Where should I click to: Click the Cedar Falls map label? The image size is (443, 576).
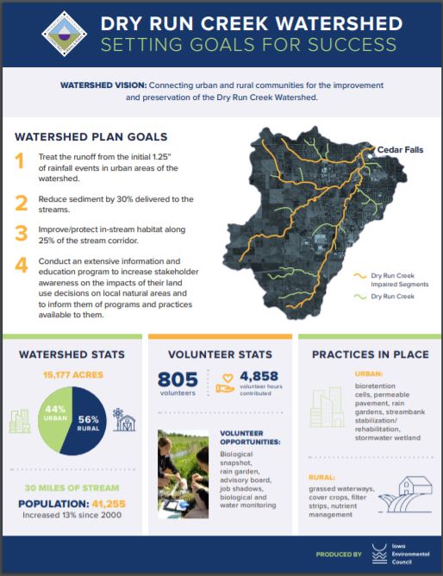point(400,150)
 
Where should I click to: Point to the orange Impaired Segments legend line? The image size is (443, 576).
point(360,277)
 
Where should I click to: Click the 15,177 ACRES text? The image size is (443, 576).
point(72,375)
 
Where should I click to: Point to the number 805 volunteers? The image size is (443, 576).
point(178,380)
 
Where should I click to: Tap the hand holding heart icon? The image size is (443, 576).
point(227,383)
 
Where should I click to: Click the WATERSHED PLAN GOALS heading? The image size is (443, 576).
point(90,136)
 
